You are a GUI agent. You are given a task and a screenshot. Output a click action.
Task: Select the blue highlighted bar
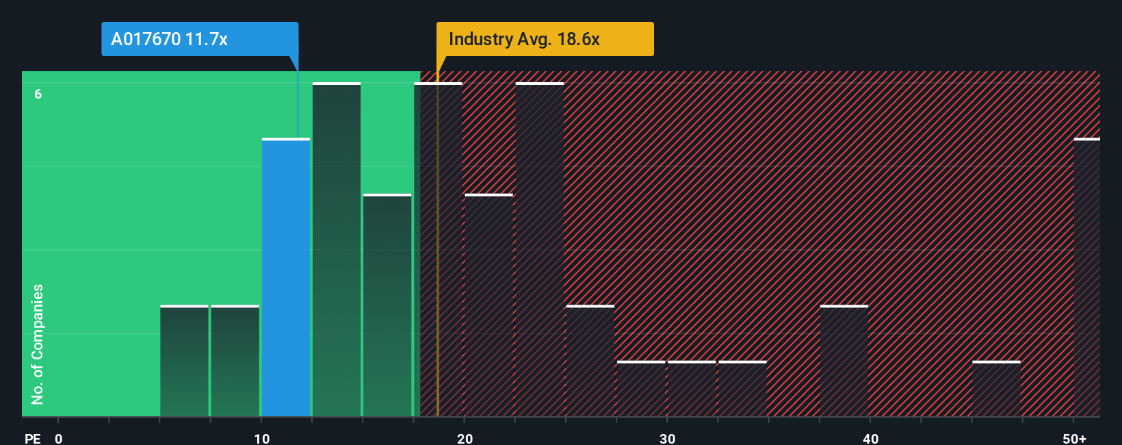click(x=286, y=277)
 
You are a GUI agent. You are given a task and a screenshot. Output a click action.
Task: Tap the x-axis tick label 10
click(x=261, y=438)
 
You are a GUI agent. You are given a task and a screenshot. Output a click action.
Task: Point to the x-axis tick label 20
click(x=465, y=438)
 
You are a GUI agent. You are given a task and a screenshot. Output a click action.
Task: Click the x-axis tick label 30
click(x=667, y=438)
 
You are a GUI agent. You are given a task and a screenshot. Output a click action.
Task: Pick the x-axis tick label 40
click(x=870, y=438)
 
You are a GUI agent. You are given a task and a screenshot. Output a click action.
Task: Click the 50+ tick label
click(x=1074, y=438)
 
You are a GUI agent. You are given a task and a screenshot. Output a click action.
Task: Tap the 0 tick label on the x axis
click(x=59, y=438)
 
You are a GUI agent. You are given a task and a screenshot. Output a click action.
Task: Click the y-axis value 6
click(x=38, y=94)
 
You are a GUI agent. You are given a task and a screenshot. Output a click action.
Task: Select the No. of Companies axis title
click(x=38, y=344)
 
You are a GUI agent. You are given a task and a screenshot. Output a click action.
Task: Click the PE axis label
click(x=32, y=438)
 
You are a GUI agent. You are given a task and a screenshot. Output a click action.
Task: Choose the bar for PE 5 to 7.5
click(x=185, y=361)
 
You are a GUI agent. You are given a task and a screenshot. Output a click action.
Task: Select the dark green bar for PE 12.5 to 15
click(x=337, y=250)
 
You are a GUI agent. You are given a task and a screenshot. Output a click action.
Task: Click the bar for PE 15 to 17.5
click(x=387, y=305)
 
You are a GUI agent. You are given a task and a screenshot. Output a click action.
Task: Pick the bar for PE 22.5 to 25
click(x=540, y=250)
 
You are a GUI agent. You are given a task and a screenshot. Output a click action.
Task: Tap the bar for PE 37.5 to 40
click(x=844, y=361)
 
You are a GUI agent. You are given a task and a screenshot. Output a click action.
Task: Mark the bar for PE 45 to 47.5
click(x=996, y=389)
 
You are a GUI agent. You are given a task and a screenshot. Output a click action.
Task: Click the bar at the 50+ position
click(x=1087, y=277)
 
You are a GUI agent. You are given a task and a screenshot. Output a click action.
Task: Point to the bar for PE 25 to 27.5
click(x=590, y=361)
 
